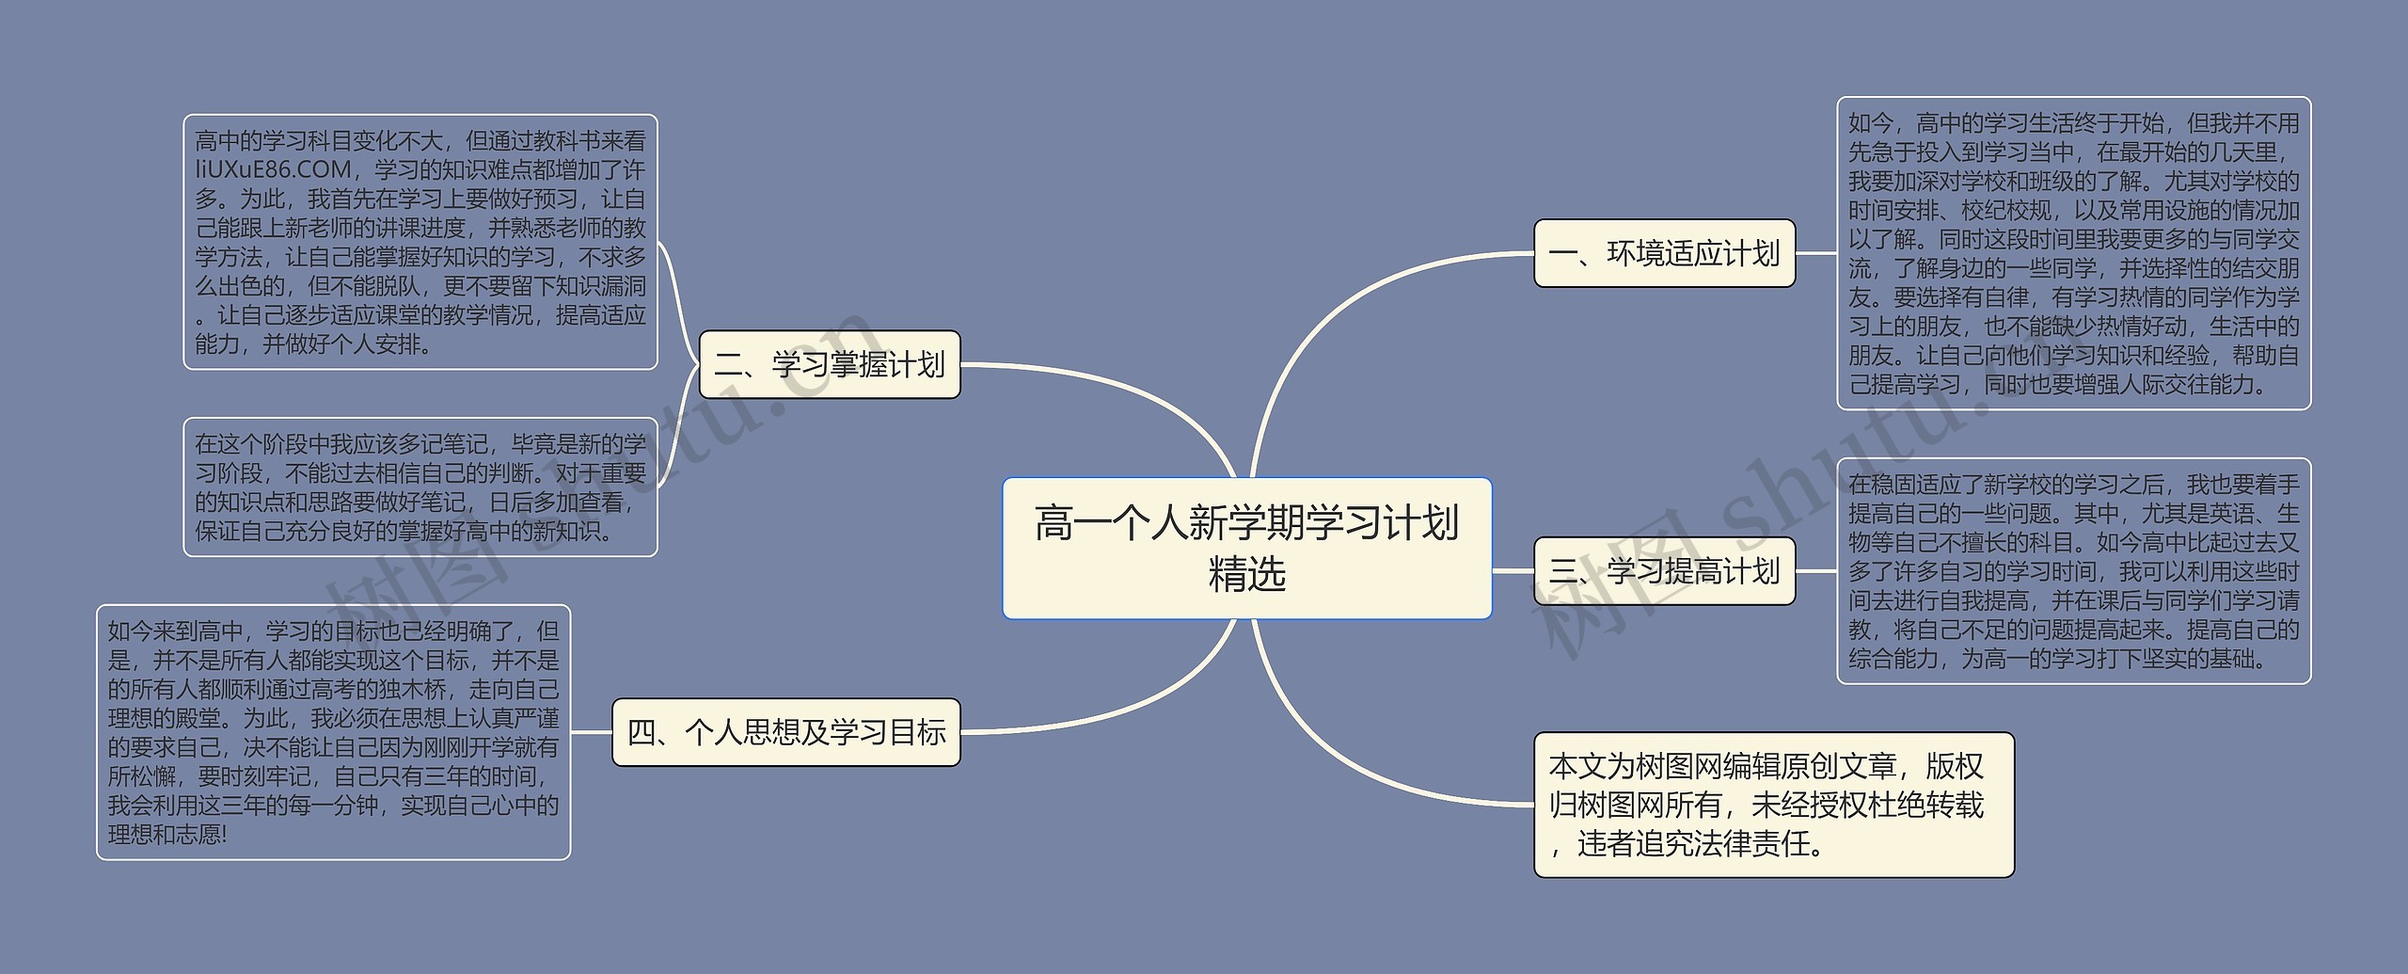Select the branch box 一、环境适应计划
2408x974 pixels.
click(x=1664, y=253)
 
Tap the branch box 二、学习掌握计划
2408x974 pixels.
click(x=829, y=364)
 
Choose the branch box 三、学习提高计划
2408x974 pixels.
click(x=1664, y=570)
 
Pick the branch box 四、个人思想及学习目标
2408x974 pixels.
click(x=785, y=732)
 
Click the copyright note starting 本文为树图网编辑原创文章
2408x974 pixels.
click(x=1773, y=805)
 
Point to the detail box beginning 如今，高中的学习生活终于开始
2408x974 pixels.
click(x=2073, y=253)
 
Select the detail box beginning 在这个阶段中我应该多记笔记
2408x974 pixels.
click(x=420, y=487)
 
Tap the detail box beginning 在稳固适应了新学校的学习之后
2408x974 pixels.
click(x=2073, y=570)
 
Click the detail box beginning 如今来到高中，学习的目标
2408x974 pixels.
click(x=333, y=732)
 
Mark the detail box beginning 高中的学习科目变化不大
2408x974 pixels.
click(x=420, y=242)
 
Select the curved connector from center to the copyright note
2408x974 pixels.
click(x=1336, y=753)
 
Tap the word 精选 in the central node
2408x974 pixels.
click(x=1246, y=574)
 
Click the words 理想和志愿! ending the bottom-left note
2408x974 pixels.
click(x=167, y=835)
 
